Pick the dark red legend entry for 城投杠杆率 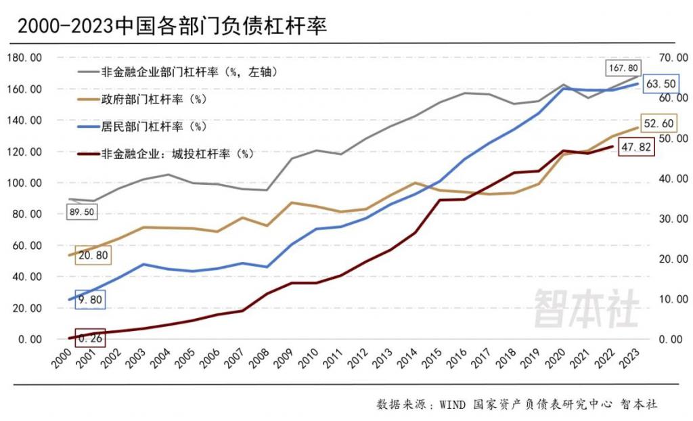pos(177,154)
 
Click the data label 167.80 pos(624,68)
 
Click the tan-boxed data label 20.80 pos(93,254)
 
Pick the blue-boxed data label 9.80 pos(89,300)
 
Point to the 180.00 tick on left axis pos(24,58)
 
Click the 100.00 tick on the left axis pos(24,183)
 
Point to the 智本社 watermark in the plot pos(586,309)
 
